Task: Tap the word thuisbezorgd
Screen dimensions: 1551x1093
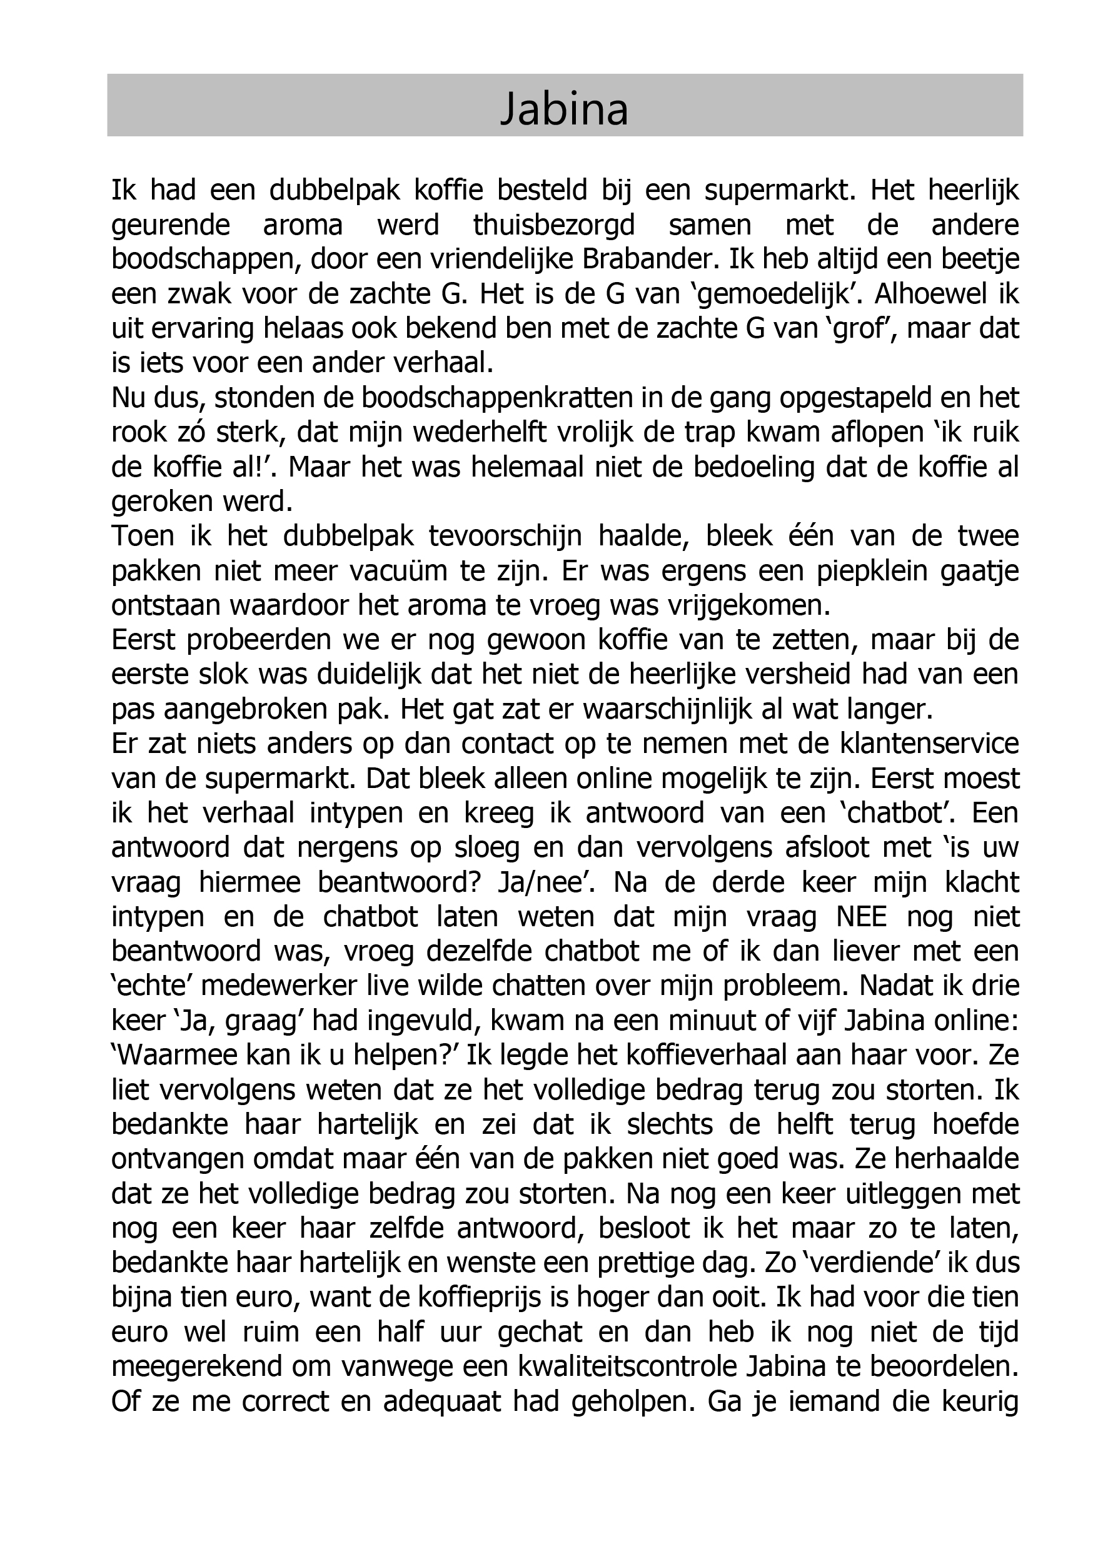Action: (554, 225)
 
